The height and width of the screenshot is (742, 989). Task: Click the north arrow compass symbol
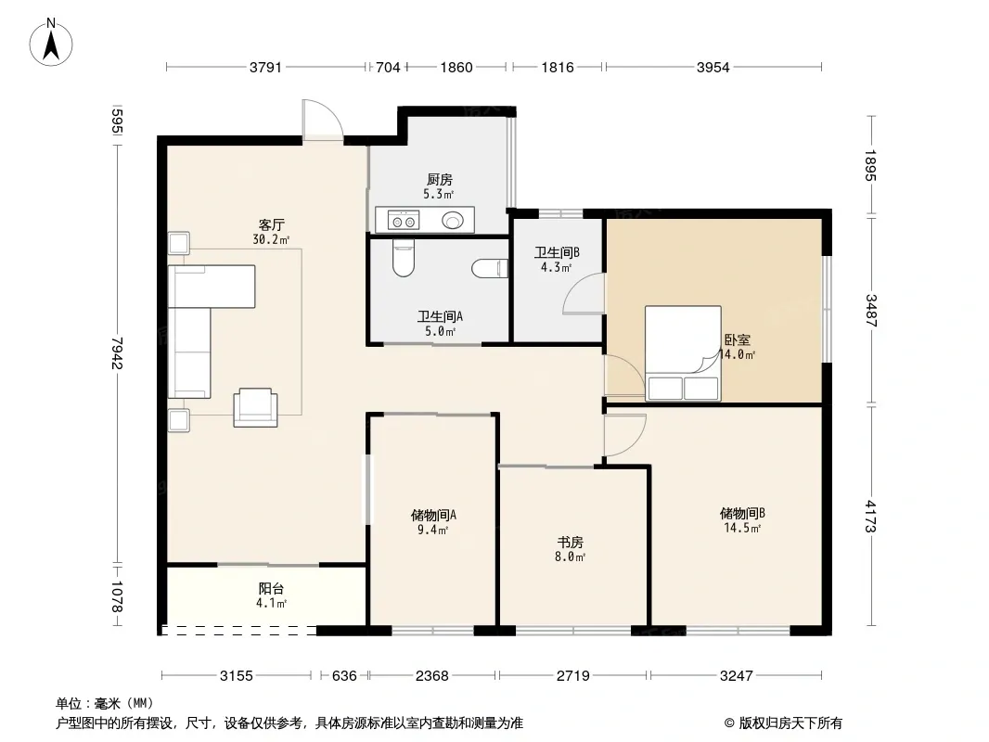click(x=51, y=43)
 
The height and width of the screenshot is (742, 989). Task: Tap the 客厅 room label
click(x=271, y=225)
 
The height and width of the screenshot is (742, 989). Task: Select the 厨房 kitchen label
click(x=439, y=180)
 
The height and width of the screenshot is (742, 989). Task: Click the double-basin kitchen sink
click(x=403, y=221)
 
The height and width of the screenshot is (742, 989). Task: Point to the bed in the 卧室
click(x=683, y=353)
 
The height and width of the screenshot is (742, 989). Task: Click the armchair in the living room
click(x=255, y=407)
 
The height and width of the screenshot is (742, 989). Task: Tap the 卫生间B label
click(x=557, y=253)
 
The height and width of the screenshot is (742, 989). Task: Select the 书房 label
click(x=571, y=543)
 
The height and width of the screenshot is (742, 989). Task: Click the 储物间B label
click(x=742, y=514)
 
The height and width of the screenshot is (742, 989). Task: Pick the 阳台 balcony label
click(x=271, y=589)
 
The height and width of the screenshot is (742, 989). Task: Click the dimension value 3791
click(x=265, y=67)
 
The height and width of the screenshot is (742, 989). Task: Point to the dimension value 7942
click(x=117, y=353)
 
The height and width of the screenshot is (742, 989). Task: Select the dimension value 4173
click(x=870, y=517)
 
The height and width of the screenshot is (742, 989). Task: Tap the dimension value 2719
click(x=572, y=676)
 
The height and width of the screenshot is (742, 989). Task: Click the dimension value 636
click(x=344, y=676)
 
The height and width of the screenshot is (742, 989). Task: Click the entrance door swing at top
click(x=322, y=119)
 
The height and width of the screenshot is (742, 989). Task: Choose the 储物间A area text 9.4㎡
click(x=432, y=531)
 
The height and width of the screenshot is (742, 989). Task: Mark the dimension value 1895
click(x=870, y=165)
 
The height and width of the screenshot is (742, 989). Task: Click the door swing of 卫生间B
click(x=584, y=293)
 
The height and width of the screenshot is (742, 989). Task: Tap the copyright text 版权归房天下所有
click(x=790, y=723)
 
